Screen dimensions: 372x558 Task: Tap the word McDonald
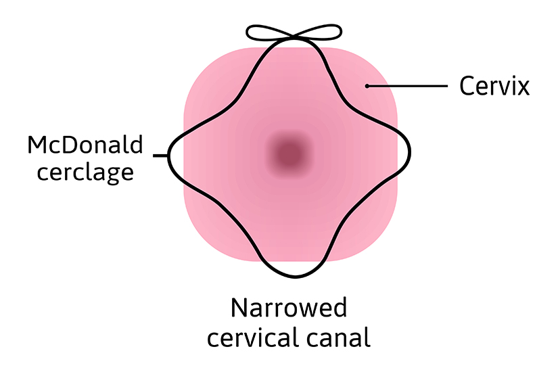(x=85, y=145)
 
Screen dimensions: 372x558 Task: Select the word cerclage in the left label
(x=85, y=172)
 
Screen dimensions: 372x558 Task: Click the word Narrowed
(x=289, y=308)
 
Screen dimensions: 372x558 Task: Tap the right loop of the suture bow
(x=321, y=32)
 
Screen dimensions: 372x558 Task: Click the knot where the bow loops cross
(x=293, y=37)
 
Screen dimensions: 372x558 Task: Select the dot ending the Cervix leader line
(x=367, y=86)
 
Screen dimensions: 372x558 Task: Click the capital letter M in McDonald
(x=39, y=145)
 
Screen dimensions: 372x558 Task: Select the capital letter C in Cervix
(x=467, y=87)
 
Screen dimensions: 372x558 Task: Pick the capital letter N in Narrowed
(x=240, y=308)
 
